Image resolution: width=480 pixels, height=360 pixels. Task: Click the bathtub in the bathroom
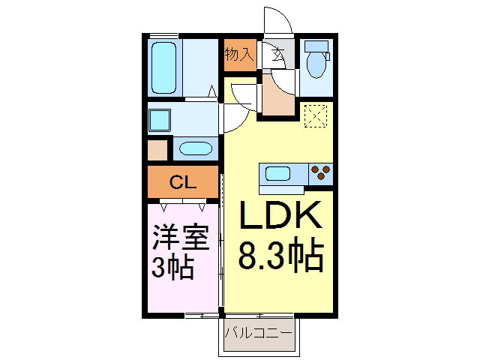pyautogui.click(x=163, y=67)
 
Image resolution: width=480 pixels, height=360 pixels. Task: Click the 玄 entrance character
pyautogui.click(x=277, y=55)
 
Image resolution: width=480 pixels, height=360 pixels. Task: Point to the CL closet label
pyautogui.click(x=182, y=181)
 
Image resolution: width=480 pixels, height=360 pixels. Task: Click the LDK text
pyautogui.click(x=280, y=217)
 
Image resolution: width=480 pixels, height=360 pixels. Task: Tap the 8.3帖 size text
pyautogui.click(x=280, y=256)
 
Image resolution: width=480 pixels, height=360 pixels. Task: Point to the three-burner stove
pyautogui.click(x=321, y=173)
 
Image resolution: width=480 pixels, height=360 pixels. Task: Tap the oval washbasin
pyautogui.click(x=196, y=148)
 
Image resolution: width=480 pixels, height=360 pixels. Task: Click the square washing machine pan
pyautogui.click(x=160, y=121)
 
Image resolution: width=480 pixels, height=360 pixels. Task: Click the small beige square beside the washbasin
pyautogui.click(x=157, y=150)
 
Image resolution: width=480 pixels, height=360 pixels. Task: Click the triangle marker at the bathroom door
pyautogui.click(x=213, y=91)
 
